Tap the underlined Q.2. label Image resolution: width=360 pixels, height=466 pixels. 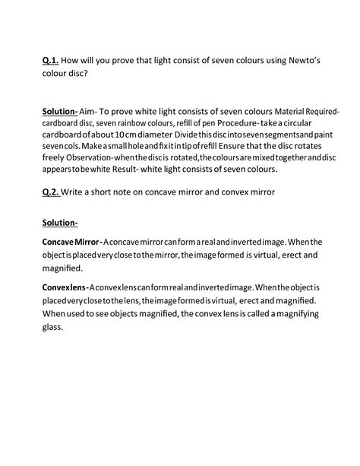[x=51, y=192]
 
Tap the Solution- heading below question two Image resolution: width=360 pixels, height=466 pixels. [x=65, y=223]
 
